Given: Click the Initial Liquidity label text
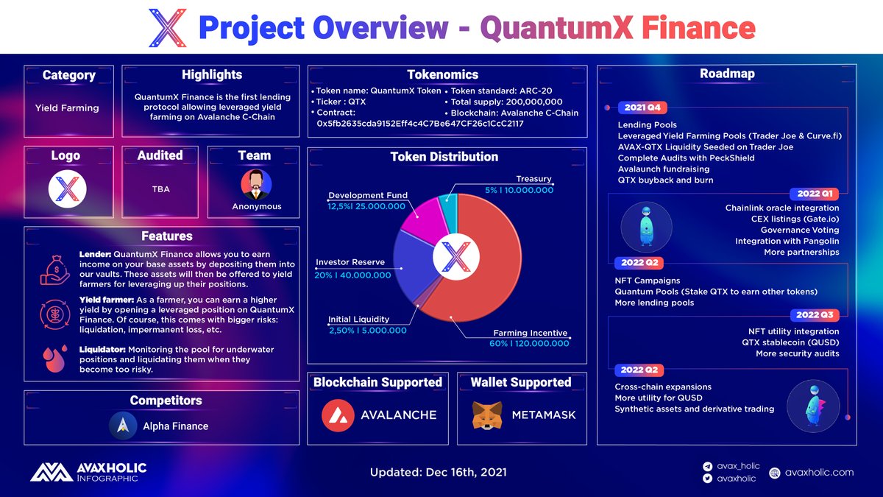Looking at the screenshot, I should tap(358, 320).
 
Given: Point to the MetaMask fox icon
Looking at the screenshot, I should tap(486, 415).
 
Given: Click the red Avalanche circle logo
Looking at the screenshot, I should tap(338, 415).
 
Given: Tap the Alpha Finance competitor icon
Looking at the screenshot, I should tap(123, 426).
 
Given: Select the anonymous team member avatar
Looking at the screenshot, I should tap(256, 185).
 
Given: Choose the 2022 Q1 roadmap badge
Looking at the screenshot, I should tap(814, 194).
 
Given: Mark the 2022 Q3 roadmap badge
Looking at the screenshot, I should tap(814, 315).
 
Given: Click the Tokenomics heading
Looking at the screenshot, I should tap(442, 74).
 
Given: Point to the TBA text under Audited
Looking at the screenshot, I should tap(160, 189).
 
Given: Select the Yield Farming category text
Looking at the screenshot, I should tap(67, 108).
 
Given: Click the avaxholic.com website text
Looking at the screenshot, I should tap(819, 473).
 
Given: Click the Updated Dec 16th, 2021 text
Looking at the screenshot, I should tap(439, 472).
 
